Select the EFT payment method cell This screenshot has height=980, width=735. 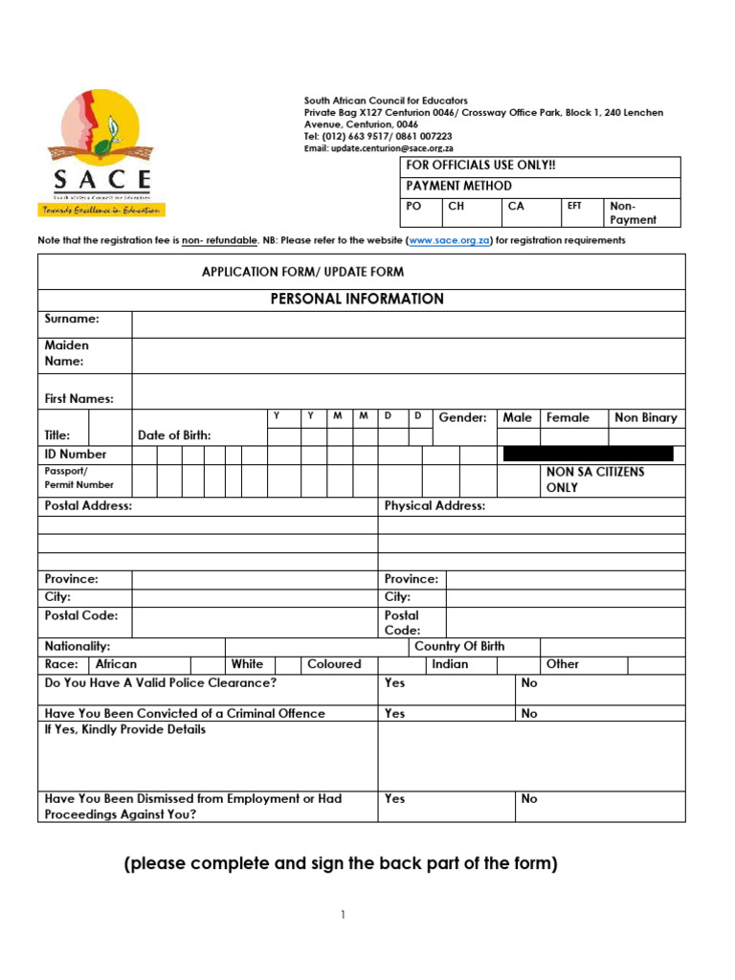click(x=574, y=206)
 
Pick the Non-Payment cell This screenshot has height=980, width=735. click(x=634, y=212)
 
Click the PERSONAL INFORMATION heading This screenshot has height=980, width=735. click(x=357, y=299)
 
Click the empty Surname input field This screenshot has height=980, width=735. click(x=409, y=324)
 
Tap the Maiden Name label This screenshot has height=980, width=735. click(x=67, y=353)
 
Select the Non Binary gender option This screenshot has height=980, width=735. click(x=645, y=417)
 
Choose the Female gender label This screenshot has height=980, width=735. click(x=568, y=417)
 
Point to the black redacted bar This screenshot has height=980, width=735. click(x=588, y=454)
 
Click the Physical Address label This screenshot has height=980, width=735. click(x=434, y=505)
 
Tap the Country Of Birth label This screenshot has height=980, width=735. click(x=459, y=646)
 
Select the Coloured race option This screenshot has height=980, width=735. click(x=334, y=663)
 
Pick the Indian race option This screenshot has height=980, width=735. click(x=450, y=663)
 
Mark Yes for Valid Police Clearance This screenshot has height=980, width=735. click(x=394, y=682)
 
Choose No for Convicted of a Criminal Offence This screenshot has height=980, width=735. click(x=529, y=713)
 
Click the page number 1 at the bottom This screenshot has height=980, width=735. click(x=343, y=915)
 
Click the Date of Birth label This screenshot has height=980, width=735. click(x=174, y=435)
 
